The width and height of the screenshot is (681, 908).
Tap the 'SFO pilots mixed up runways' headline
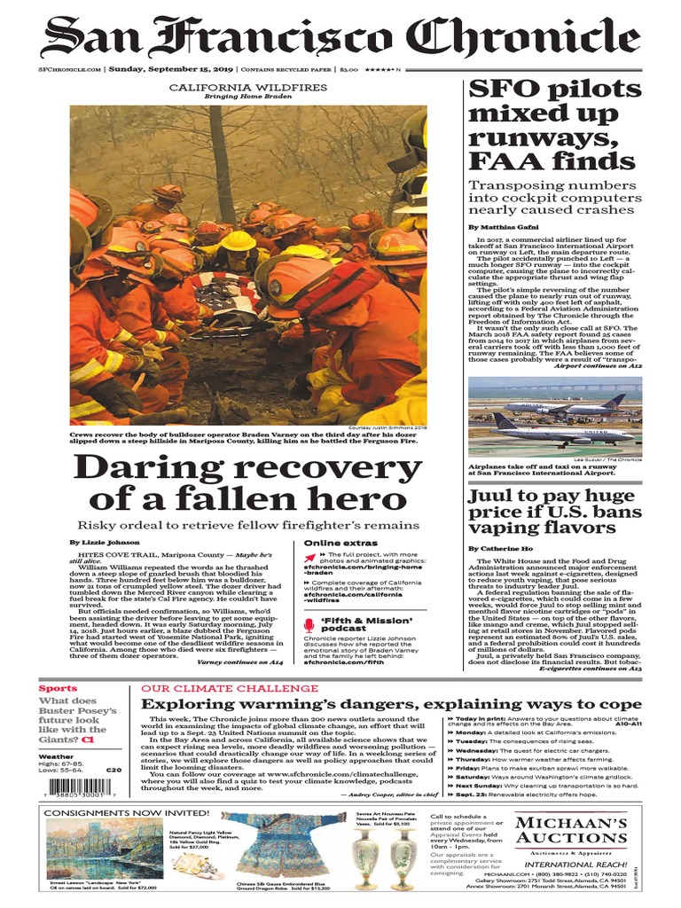[x=554, y=126]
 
